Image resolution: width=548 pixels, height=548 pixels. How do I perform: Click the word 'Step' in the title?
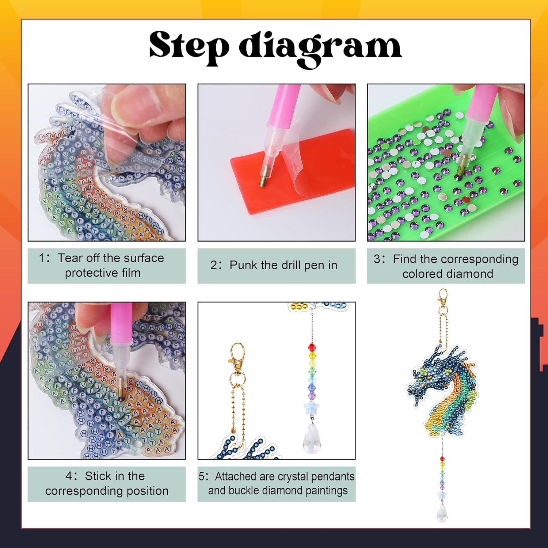tap(189, 46)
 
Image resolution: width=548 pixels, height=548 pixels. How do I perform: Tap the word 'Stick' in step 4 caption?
tap(98, 476)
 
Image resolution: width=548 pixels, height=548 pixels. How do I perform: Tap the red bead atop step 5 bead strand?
tap(312, 346)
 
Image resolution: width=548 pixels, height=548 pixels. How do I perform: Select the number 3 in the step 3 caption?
tap(377, 259)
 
